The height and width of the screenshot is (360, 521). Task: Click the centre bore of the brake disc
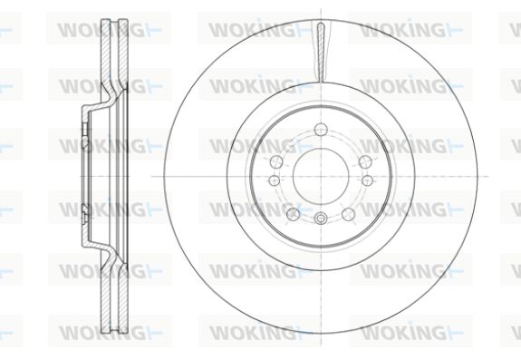[x=321, y=176]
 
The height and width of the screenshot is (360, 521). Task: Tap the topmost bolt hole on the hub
[x=321, y=129]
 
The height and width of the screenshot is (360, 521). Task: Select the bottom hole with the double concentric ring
[x=321, y=219]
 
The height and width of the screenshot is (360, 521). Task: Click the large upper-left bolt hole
[x=276, y=162]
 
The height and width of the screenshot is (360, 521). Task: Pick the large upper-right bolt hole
[x=365, y=162]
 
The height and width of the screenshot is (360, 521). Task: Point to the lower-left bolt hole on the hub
[x=293, y=214]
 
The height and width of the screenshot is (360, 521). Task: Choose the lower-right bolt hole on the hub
[x=348, y=214]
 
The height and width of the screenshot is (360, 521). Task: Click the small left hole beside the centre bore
[x=275, y=180]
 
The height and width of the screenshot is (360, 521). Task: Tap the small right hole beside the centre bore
[x=367, y=180]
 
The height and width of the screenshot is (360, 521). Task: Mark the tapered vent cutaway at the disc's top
[x=321, y=52]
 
